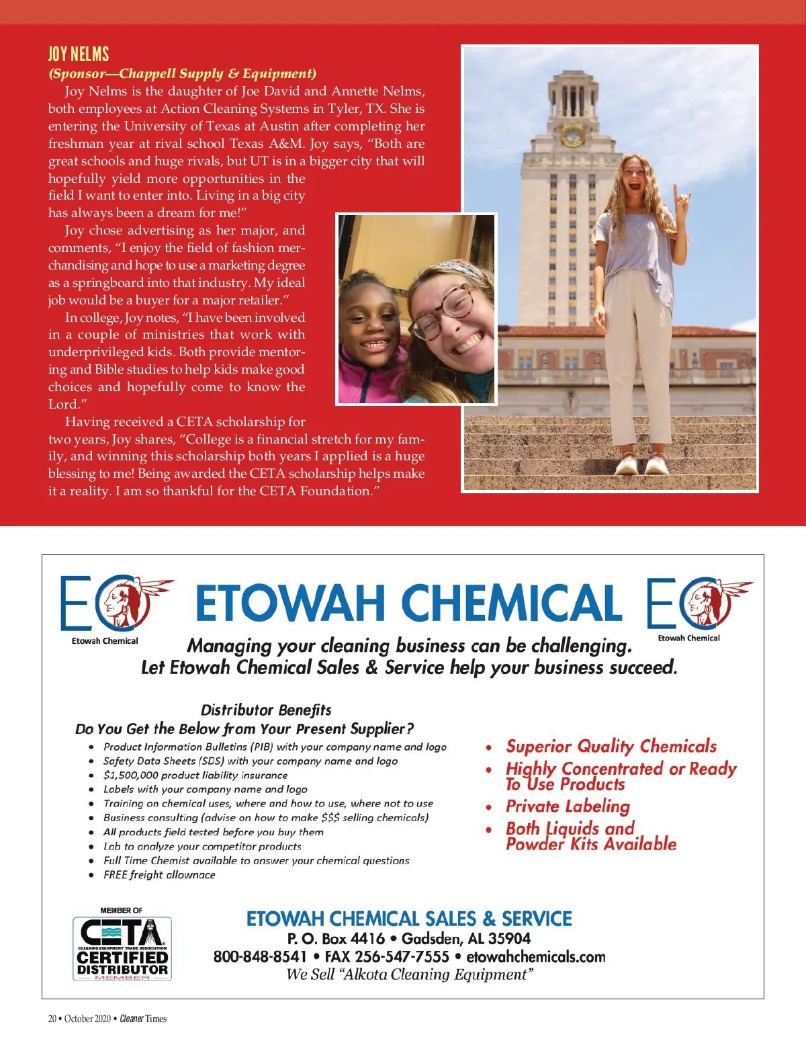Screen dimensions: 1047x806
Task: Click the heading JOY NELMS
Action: coord(79,54)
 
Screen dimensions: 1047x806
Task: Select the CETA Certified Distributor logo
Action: coord(122,948)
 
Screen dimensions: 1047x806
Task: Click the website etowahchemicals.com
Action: coord(535,956)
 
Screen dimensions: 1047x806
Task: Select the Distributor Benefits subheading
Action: coord(266,710)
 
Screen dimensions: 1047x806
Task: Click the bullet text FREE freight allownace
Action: coord(159,874)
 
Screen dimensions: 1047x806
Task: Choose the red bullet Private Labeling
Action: coord(568,806)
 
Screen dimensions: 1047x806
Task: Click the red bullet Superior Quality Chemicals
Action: coord(611,746)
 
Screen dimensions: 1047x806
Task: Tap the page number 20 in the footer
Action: coord(52,1018)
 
